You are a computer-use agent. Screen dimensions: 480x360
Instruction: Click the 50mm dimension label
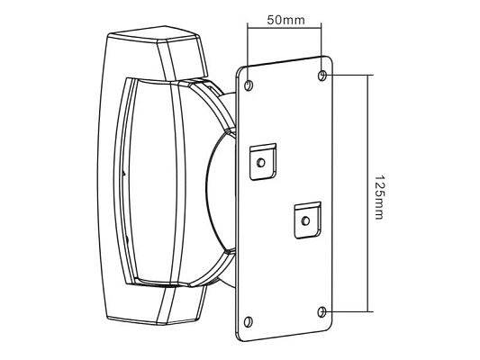pos(285,20)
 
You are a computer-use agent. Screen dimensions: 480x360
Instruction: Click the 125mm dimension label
pos(379,197)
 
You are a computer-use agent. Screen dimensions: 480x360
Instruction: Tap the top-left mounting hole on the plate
pos(249,85)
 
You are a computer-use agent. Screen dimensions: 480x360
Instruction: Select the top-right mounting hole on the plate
pos(322,75)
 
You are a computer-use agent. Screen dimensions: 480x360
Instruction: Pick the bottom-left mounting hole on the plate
pos(249,322)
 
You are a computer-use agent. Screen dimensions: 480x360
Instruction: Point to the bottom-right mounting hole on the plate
pos(322,312)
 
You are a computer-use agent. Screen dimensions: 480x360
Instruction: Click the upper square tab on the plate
pos(263,161)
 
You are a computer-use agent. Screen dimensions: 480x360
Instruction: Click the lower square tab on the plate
pos(308,220)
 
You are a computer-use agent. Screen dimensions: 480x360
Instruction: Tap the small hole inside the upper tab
pos(261,163)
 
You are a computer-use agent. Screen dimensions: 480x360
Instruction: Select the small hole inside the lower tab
pos(305,220)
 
